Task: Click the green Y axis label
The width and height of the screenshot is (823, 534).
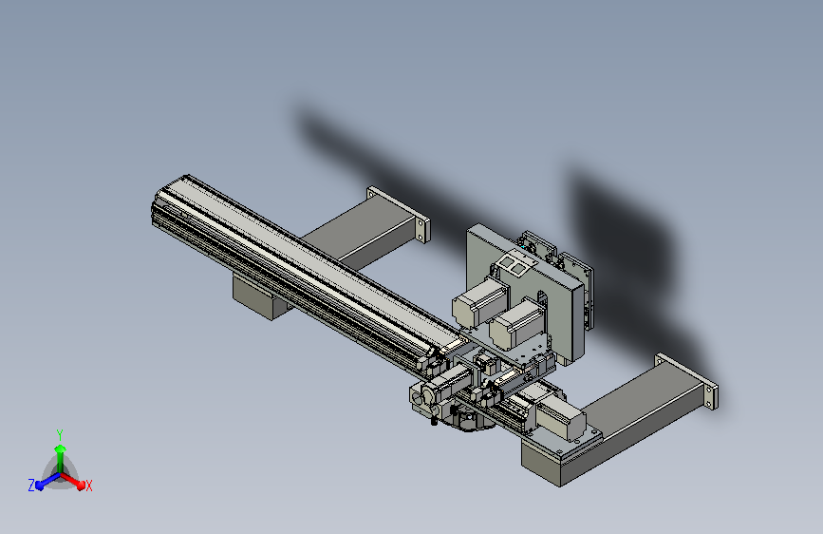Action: pyautogui.click(x=60, y=434)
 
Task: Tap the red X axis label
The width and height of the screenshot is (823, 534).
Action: pyautogui.click(x=88, y=486)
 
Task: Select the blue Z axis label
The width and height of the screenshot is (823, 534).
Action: pyautogui.click(x=31, y=486)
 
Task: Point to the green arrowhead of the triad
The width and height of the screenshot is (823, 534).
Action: pyautogui.click(x=61, y=448)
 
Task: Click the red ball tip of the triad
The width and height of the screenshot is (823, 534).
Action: pyautogui.click(x=81, y=485)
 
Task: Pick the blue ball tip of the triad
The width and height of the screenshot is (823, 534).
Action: pyautogui.click(x=39, y=486)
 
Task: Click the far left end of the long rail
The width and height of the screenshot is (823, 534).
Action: pyautogui.click(x=153, y=209)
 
